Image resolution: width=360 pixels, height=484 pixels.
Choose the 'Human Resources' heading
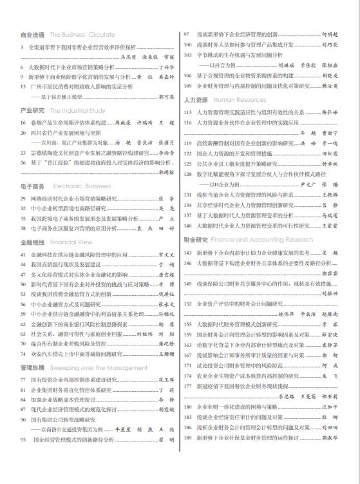240,100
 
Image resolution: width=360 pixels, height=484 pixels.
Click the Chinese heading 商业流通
33,35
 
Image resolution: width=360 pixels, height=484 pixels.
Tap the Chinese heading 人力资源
196,100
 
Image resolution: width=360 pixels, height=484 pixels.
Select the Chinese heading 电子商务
33,186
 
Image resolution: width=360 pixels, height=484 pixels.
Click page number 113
187,112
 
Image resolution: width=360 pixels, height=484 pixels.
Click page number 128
187,174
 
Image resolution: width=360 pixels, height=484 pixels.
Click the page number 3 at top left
22,47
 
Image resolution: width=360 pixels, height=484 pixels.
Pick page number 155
187,324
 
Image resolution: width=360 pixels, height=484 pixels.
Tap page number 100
187,44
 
